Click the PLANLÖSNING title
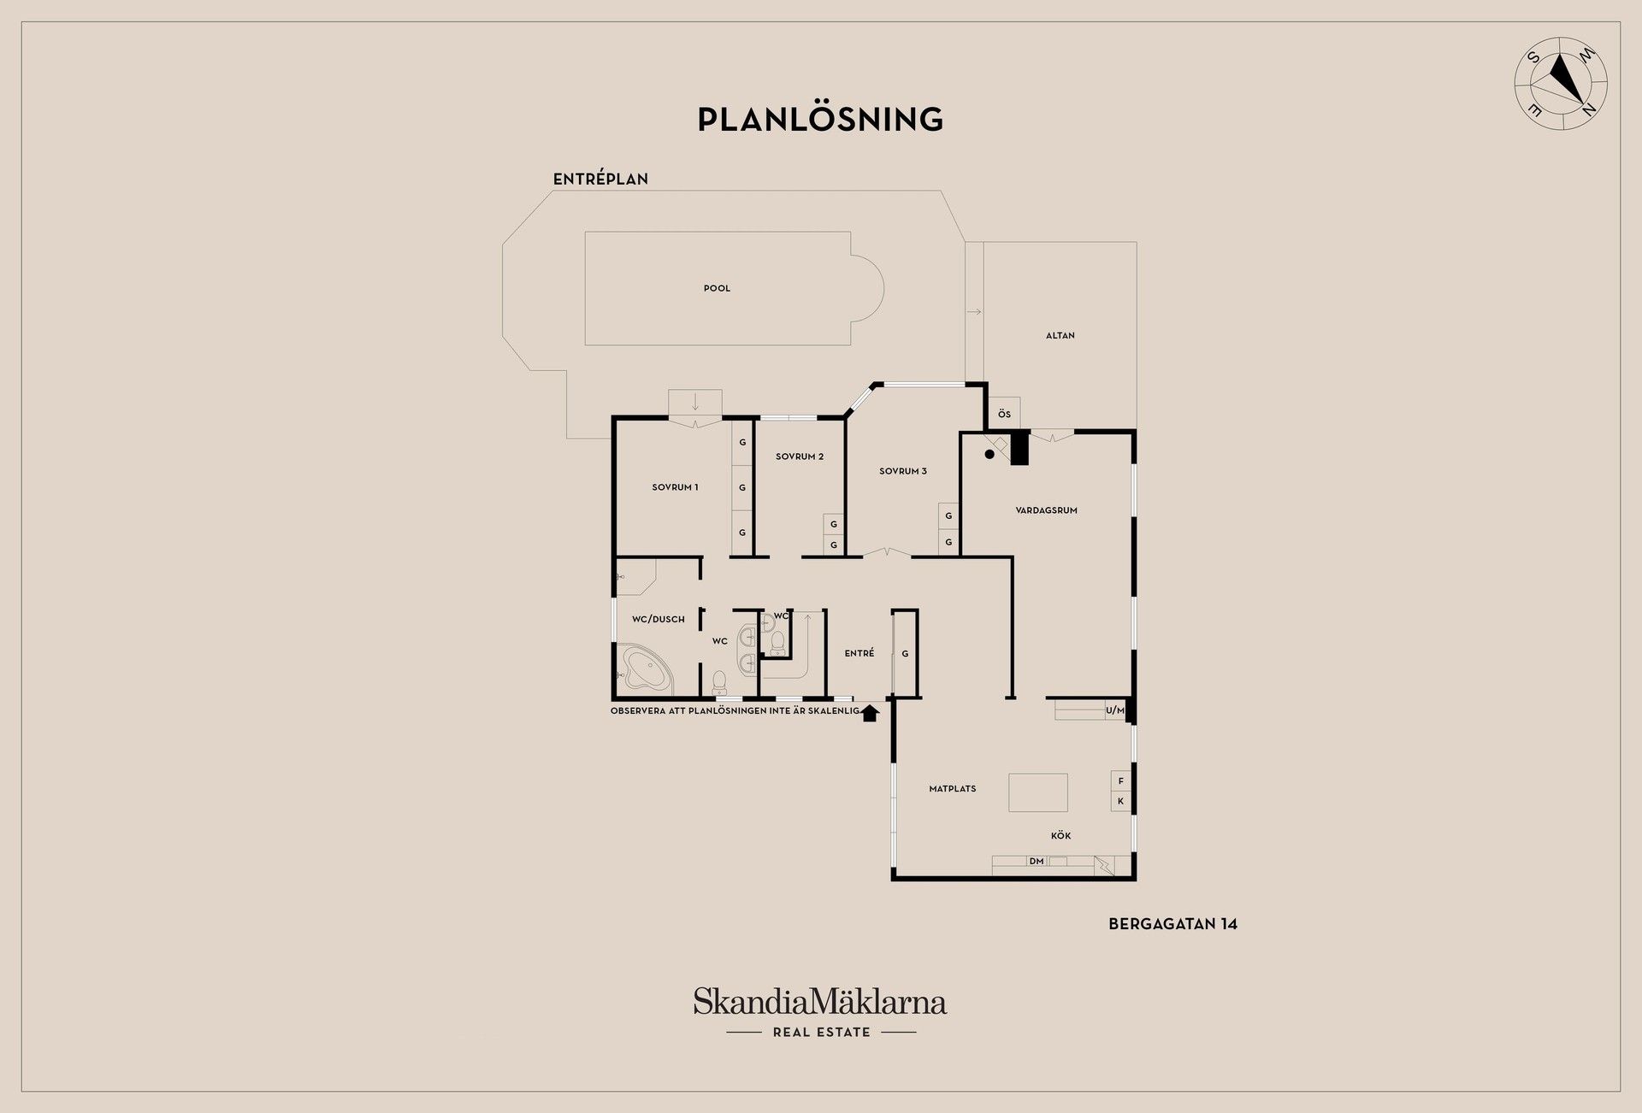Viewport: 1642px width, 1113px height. tap(820, 119)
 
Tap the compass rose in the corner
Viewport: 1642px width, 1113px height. tap(1561, 84)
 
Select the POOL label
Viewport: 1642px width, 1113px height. tap(717, 288)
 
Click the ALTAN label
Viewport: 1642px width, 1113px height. tap(1060, 336)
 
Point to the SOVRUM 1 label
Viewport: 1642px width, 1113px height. tap(675, 487)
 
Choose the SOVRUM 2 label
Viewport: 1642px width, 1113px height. tap(800, 456)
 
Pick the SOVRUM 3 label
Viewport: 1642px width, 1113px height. tap(903, 471)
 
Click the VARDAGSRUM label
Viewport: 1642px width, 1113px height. tap(1046, 510)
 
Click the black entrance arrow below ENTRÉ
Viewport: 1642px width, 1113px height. tap(870, 713)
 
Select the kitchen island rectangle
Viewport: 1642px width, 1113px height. tap(1038, 792)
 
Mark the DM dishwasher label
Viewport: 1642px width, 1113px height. tap(1037, 861)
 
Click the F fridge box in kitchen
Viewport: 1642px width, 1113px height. tap(1121, 780)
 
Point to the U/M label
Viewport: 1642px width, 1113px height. tap(1115, 710)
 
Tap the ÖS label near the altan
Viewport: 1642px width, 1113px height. tap(1004, 415)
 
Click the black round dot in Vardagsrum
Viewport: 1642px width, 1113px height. tap(989, 455)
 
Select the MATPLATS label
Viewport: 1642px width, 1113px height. tap(952, 789)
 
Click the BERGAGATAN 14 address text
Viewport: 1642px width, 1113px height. tap(1172, 924)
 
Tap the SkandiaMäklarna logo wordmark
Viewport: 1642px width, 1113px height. tap(820, 1002)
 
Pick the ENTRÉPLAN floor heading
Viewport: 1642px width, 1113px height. tap(600, 179)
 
